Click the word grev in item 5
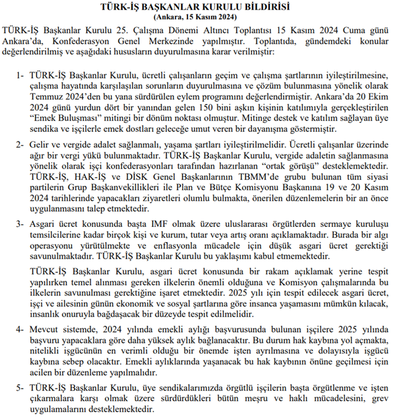tap(379, 399)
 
